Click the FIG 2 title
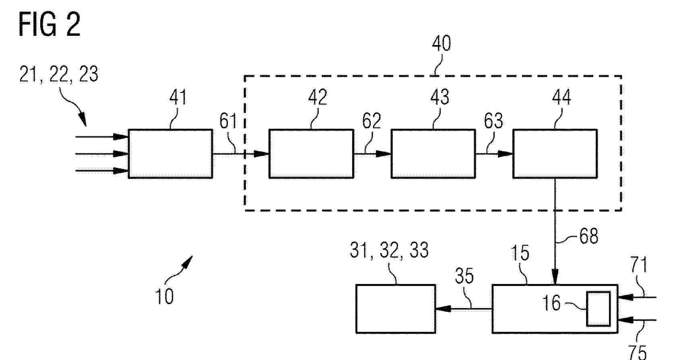pos(50,25)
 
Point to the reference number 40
pos(441,43)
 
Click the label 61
pos(228,121)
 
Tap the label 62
pos(372,121)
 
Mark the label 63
pos(493,121)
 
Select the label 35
pos(464,276)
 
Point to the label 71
pos(638,265)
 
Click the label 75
pos(638,352)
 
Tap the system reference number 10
pos(164,296)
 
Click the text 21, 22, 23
pos(59,74)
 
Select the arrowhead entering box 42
pos(261,154)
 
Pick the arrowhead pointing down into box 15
pos(555,277)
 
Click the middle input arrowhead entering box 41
pos(121,154)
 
